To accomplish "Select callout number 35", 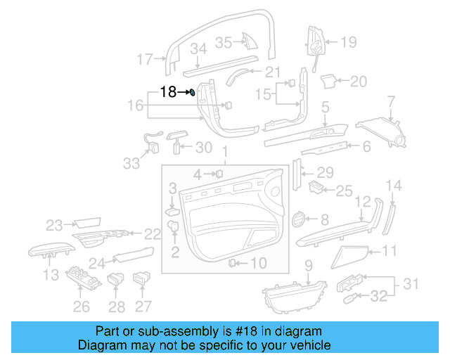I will (x=223, y=42).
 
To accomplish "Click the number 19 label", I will (x=349, y=43).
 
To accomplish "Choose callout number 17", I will (x=144, y=60).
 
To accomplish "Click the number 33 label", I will (x=131, y=163).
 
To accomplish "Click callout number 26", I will (x=82, y=307).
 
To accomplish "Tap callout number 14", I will (x=394, y=186).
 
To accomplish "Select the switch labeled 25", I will (x=317, y=188).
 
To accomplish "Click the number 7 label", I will (x=391, y=105).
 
